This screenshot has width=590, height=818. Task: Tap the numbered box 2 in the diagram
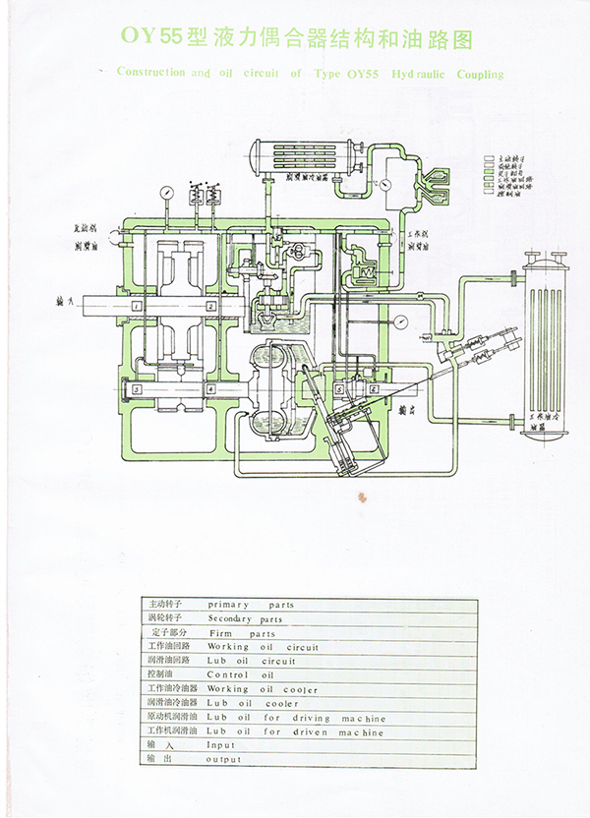pos(211,307)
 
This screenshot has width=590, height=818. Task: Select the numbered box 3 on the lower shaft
pos(139,389)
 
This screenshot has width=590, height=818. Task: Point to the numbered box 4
pos(211,389)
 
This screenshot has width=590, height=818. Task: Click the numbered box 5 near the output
pos(340,389)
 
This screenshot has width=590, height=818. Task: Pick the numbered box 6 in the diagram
pos(374,389)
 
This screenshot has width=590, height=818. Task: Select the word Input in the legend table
pos(221,745)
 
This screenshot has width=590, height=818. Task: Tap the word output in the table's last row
pos(224,760)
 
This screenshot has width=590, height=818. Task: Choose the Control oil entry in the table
pos(240,675)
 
